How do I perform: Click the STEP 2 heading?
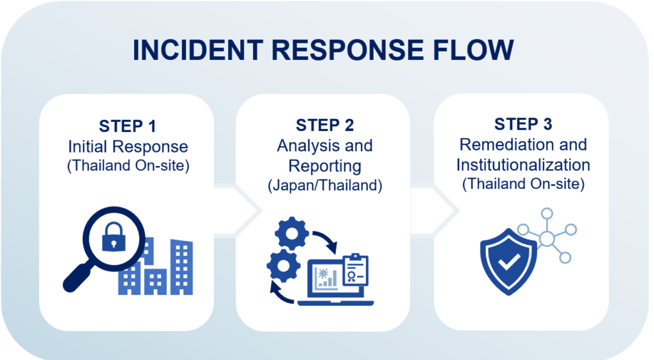point(324,124)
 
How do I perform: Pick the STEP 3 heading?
point(522,124)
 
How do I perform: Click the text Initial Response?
point(128,146)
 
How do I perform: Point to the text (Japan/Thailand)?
point(324,186)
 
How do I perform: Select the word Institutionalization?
point(522,165)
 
